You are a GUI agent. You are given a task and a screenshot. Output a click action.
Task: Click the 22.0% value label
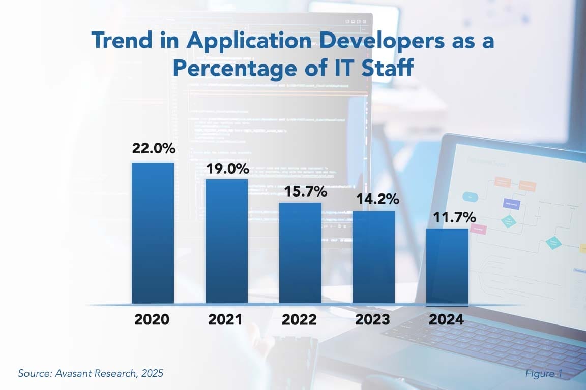(x=154, y=149)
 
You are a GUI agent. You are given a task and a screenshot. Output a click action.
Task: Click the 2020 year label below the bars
(x=152, y=320)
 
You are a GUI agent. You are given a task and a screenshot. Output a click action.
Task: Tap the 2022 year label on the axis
(x=299, y=320)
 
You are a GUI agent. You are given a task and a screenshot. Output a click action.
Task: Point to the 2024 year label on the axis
(x=446, y=320)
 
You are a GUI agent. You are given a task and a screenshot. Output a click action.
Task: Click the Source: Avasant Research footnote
(x=91, y=374)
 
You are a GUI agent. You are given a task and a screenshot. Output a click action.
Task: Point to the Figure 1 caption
(x=544, y=374)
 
